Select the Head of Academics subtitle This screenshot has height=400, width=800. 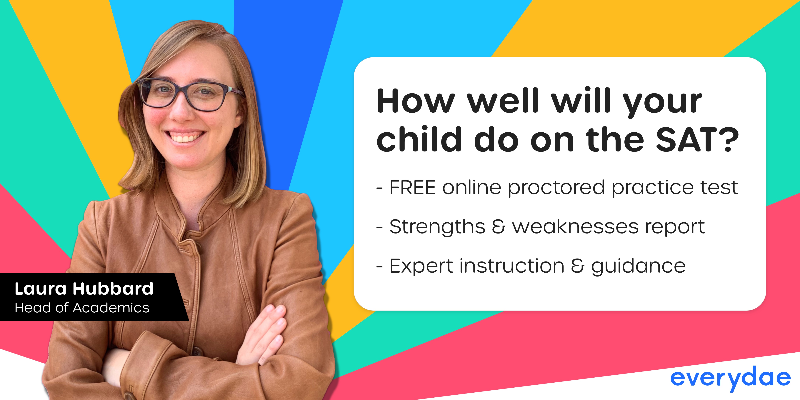click(x=82, y=308)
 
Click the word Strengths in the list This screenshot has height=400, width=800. click(x=437, y=227)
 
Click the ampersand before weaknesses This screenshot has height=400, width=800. click(x=499, y=227)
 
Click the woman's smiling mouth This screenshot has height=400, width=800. click(x=185, y=137)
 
